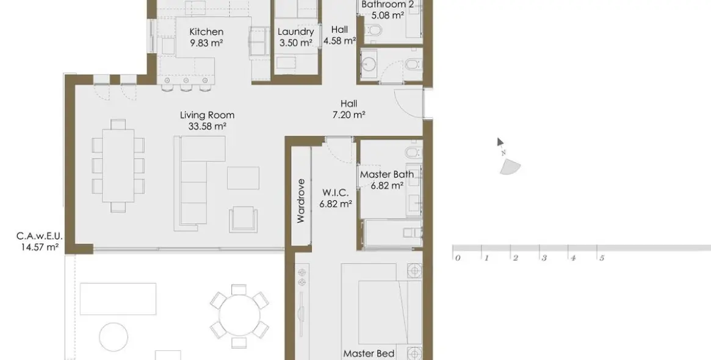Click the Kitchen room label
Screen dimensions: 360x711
206,32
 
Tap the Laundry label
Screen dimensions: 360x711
295,32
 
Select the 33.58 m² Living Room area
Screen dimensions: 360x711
208,126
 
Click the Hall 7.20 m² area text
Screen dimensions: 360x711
348,114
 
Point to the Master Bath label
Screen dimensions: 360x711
386,175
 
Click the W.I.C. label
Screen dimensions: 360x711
336,193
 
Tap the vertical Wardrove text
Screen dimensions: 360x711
301,201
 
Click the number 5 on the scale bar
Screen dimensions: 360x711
602,258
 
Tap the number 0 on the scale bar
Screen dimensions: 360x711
458,258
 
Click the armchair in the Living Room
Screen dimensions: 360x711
244,218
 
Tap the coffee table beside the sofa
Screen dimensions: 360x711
243,178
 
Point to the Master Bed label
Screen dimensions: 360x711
369,353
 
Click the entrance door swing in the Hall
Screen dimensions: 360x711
407,101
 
